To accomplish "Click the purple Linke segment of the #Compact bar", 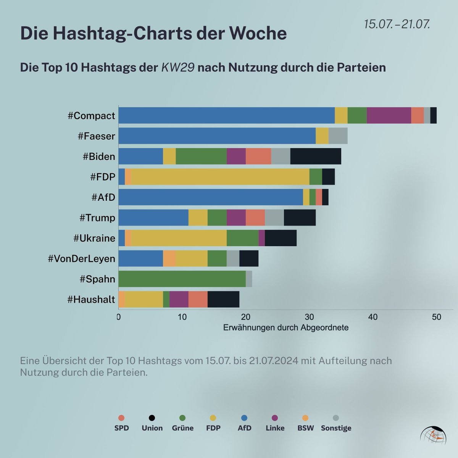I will coord(389,115).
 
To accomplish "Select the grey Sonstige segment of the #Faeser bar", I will coord(338,136).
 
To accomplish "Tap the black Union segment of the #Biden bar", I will coord(316,156).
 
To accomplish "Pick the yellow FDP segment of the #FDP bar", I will coord(220,177).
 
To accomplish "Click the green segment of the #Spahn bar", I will coord(182,279).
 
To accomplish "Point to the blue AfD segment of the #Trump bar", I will coord(153,218).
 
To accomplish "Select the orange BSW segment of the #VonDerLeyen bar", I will coord(169,258).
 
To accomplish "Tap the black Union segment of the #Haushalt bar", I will coord(223,299).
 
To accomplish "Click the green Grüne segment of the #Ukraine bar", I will coord(242,238).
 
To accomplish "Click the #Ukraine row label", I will coord(94,238).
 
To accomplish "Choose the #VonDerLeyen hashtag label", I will coord(81,258).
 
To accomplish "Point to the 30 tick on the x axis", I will coord(309,317).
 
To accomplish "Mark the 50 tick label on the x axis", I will coord(436,317).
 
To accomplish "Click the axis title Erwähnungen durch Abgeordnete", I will coord(285,327).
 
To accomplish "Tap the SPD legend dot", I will coord(121,418).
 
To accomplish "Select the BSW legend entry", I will coord(305,424).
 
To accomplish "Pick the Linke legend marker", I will coord(275,418).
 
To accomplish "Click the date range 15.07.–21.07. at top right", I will coord(397,24).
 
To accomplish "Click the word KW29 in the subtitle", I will coord(178,68).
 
